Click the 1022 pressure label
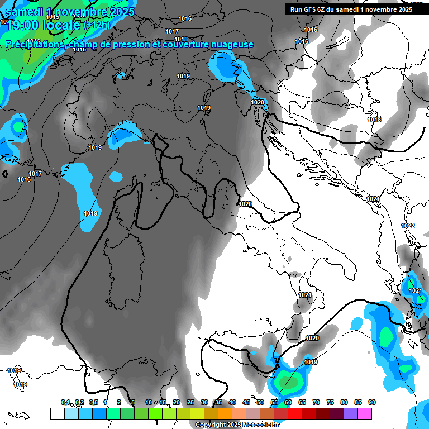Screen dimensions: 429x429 coord(408,226)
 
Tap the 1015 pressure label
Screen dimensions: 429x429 coord(53,17)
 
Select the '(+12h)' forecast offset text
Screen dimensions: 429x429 coord(97,25)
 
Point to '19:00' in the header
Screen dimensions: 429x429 coord(22,25)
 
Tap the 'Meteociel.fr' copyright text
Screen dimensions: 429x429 coord(255,425)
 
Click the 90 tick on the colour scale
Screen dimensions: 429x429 coord(372,402)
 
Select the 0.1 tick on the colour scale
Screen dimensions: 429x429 coord(65,402)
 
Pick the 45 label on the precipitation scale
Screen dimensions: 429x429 coord(246,402)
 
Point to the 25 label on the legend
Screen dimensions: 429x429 coord(190,402)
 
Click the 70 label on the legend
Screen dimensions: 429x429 coord(316,402)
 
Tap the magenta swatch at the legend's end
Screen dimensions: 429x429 coord(365,413)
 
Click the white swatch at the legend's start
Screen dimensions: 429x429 coord(57,413)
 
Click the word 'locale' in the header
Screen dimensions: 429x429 coord(61,25)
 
